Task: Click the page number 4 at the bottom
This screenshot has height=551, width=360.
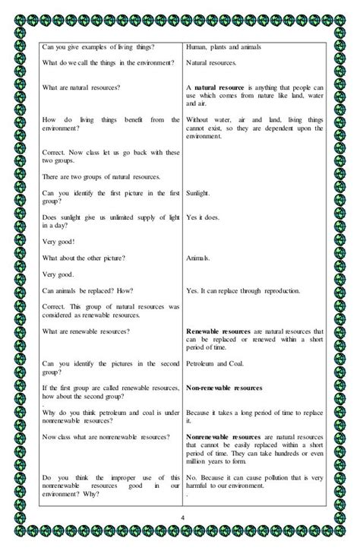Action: tap(182, 519)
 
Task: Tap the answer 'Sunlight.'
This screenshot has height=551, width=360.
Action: tap(198, 193)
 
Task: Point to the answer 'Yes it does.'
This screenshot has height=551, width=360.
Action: tap(204, 218)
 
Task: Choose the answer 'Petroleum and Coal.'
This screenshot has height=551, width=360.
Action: tap(218, 363)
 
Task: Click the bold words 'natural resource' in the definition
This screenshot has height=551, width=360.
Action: tap(220, 88)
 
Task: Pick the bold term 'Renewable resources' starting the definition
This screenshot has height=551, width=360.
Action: tap(220, 331)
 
